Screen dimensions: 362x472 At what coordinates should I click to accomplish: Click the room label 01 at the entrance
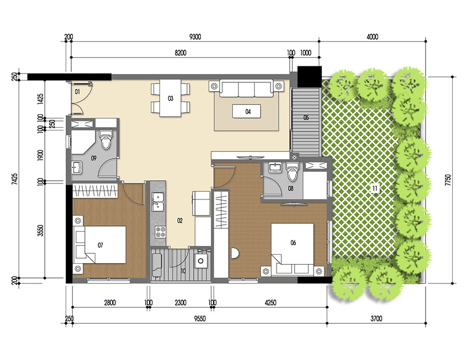(x=78, y=90)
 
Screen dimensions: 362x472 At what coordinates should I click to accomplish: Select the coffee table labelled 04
(x=248, y=111)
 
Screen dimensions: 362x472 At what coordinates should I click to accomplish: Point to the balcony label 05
(x=306, y=117)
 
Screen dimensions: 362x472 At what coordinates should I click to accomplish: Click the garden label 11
(x=374, y=189)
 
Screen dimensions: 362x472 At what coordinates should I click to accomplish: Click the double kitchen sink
(x=157, y=202)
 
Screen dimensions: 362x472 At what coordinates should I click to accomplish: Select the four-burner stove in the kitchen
(x=160, y=232)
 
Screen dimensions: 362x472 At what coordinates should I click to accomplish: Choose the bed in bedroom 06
(x=291, y=247)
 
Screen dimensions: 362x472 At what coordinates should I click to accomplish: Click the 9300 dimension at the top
(x=195, y=37)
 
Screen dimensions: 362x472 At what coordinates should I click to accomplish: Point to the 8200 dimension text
(x=181, y=53)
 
